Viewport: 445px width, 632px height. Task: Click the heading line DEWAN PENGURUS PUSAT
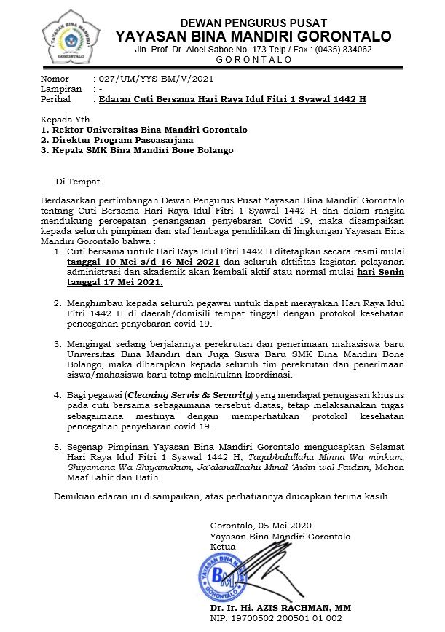253,23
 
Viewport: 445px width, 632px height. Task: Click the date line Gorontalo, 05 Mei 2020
260,526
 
